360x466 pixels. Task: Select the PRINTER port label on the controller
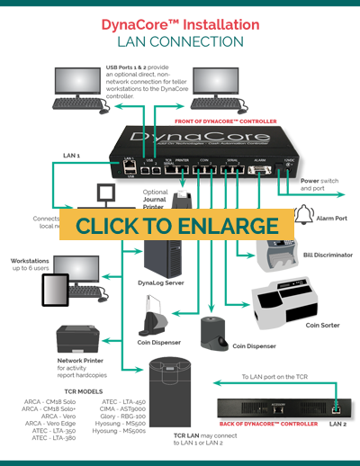click(184, 164)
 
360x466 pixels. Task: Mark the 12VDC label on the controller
click(289, 159)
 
